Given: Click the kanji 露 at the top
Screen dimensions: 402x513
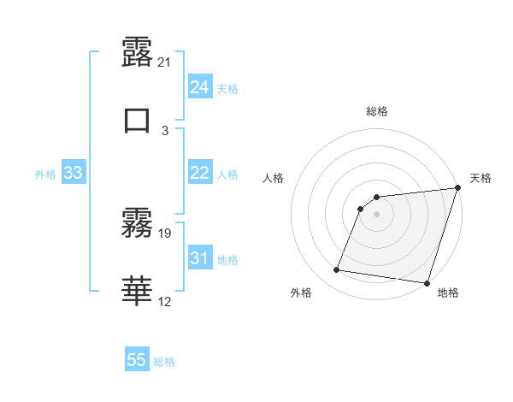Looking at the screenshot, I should tap(137, 53).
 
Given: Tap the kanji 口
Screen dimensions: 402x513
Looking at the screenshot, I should tap(137, 121).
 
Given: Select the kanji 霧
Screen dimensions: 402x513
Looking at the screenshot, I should tap(137, 224).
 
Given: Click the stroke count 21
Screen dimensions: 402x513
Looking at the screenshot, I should tap(165, 62).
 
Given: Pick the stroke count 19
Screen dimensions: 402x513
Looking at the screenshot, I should tap(165, 233).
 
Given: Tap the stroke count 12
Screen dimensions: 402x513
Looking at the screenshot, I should tap(165, 301).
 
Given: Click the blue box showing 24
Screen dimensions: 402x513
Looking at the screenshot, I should tap(199, 87).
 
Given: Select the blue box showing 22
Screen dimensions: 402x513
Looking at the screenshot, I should tap(199, 173).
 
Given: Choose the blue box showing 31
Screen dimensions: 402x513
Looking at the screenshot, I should tap(199, 258).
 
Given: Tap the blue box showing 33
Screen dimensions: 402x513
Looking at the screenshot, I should tap(74, 173).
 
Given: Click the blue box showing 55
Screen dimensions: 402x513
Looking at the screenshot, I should tap(137, 360).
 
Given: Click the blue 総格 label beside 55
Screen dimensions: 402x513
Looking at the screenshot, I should tap(165, 362).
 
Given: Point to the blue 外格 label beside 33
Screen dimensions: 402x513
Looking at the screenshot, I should tap(45, 174).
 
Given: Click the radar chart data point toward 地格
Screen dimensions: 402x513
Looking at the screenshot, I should tap(426, 282).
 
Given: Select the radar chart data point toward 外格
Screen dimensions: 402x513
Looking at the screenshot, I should tap(337, 270).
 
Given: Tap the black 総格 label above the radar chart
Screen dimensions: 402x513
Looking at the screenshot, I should tap(377, 111).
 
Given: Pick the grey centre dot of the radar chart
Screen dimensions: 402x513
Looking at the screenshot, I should tap(377, 214).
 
